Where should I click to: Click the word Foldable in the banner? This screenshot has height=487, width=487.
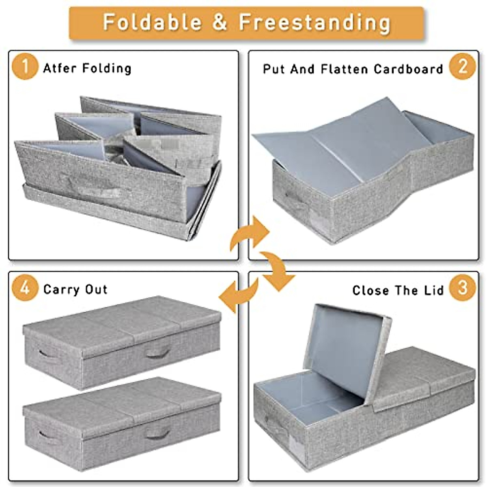(151, 22)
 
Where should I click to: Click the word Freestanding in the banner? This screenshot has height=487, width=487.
(315, 23)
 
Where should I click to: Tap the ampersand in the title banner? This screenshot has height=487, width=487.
(220, 22)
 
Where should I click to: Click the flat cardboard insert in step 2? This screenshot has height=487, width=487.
(333, 146)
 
